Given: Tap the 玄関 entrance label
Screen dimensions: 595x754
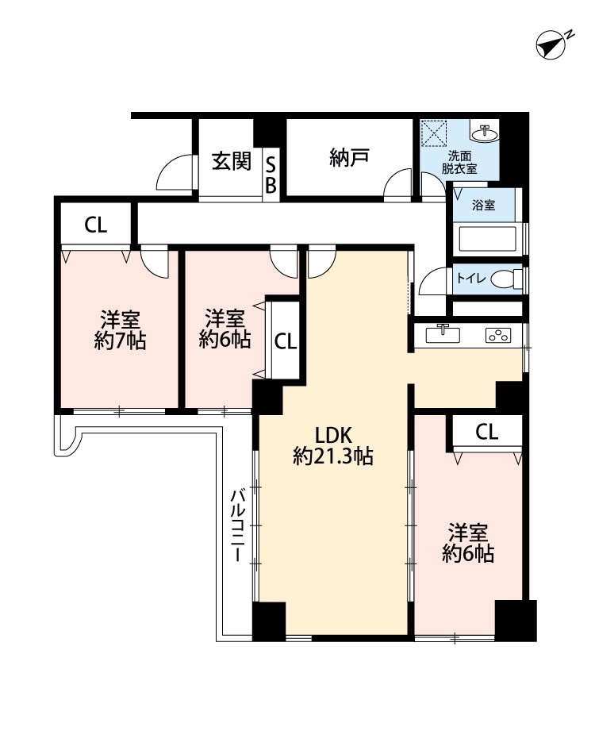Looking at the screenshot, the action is pos(232,160).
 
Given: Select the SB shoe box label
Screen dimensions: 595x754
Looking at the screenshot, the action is pos(271,175).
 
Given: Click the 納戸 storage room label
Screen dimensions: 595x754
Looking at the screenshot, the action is pos(349,157).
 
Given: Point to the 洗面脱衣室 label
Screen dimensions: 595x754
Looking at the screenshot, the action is pos(459,163).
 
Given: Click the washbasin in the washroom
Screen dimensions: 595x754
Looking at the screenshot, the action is pos(484,133).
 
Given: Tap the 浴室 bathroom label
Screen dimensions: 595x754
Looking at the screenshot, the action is pos(483,206).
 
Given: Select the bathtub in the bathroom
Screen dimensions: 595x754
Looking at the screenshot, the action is pos(488,239).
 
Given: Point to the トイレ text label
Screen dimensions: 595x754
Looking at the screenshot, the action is pos(471,278).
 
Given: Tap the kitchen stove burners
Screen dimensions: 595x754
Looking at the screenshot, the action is pos(498,335).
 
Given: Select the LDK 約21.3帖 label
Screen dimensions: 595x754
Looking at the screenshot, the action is pos(333,446).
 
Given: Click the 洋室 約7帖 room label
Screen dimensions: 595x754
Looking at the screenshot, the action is pos(120,330).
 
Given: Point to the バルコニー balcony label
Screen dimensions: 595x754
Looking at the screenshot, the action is pos(238,525).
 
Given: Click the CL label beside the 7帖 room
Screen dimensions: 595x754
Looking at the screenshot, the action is pos(96,225).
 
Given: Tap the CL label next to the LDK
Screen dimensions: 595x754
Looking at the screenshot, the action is pos(286,341).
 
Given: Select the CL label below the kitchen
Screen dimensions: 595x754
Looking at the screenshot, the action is pos(487,433).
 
